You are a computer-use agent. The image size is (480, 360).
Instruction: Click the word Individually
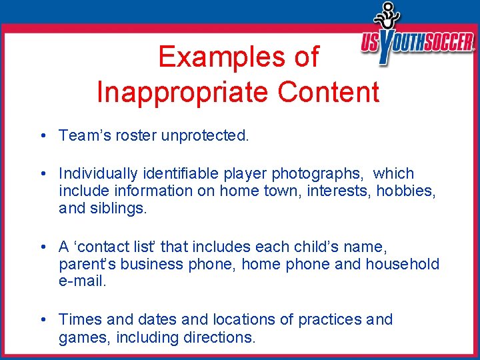pyautogui.click(x=96, y=174)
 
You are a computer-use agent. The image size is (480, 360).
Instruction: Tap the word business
pyautogui.click(x=158, y=264)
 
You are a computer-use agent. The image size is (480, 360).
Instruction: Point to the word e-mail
pyautogui.click(x=82, y=281)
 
